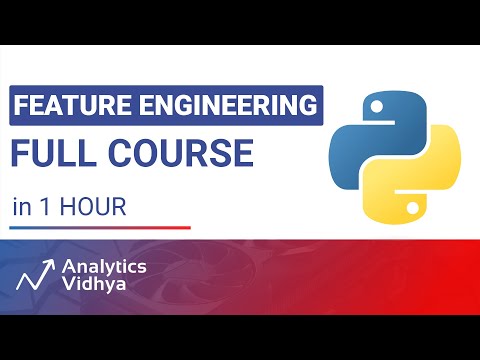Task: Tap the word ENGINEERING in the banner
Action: tap(221, 105)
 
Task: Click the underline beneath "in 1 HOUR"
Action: tap(101, 228)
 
